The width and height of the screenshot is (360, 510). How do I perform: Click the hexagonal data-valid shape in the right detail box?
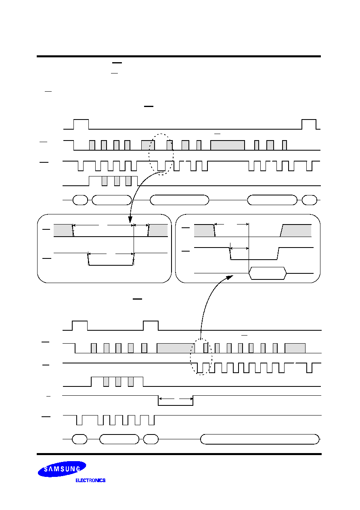(268, 273)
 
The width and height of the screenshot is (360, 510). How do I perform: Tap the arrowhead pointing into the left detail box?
(130, 220)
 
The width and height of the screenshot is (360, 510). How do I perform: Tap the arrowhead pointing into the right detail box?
(230, 277)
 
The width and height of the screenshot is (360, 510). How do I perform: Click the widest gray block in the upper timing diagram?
(228, 145)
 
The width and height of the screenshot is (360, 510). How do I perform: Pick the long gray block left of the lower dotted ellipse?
(176, 348)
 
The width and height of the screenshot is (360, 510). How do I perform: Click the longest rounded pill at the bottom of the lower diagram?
(260, 439)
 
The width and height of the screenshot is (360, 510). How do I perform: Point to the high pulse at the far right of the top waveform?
(309, 124)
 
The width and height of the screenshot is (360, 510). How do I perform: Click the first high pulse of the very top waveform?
(81, 124)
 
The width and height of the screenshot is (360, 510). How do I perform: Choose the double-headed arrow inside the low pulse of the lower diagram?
(176, 399)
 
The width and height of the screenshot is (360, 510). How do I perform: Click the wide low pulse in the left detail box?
(111, 259)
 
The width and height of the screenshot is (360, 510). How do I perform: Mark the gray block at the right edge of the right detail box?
(296, 231)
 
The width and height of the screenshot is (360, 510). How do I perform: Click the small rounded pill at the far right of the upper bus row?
(309, 200)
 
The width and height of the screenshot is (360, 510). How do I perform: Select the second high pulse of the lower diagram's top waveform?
(151, 325)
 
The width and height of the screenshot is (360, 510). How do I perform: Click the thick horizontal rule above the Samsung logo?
(179, 454)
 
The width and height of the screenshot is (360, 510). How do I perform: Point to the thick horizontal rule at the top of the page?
(179, 56)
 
